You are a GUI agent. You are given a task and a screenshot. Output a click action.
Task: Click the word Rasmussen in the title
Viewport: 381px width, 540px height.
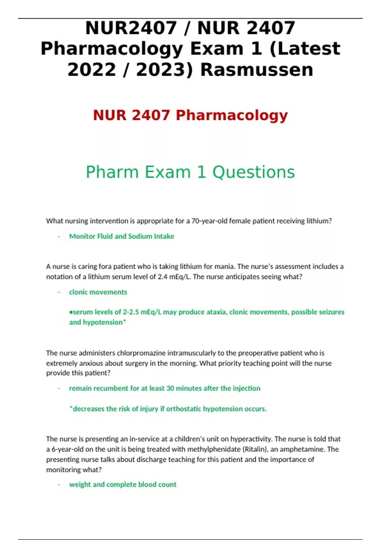257,70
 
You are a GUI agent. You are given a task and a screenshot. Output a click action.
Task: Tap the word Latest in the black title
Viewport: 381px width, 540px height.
309,49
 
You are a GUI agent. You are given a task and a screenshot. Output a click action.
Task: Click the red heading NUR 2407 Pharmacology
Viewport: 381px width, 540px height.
190,115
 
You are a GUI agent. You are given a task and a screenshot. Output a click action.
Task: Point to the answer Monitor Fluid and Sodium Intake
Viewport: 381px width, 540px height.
122,236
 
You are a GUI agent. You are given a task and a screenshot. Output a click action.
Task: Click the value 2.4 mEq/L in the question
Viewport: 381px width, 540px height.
174,277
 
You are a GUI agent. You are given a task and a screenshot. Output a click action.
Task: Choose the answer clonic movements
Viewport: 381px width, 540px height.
98,292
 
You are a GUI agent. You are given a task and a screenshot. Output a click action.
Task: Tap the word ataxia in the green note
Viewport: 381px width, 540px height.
216,312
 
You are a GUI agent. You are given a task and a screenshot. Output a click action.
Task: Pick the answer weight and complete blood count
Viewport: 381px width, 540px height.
123,484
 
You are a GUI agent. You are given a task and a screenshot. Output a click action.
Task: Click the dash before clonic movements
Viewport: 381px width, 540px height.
59,292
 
